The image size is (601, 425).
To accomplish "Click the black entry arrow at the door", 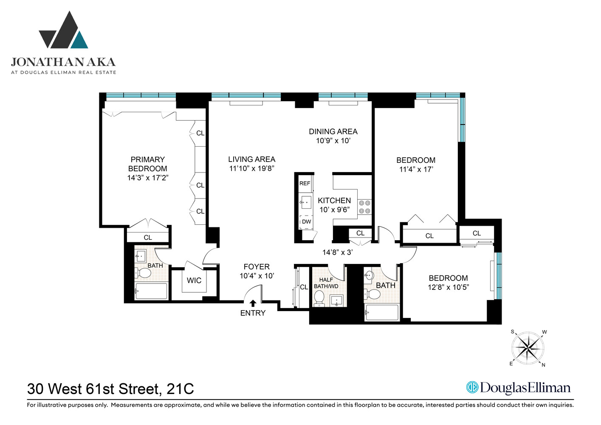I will tap(253, 303).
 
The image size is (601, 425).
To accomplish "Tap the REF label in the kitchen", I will tap(305, 184).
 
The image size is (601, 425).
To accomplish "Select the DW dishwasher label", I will tap(306, 222).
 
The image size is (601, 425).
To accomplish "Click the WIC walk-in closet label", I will tap(194, 280).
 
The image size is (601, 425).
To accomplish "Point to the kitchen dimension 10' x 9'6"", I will tap(334, 210).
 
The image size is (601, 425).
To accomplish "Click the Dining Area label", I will tap(333, 132).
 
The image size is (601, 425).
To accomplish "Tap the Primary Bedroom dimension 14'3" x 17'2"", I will tap(148, 178).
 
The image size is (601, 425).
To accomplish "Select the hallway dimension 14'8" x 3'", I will tap(337, 252).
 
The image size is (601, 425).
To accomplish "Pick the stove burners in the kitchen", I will tap(364, 207).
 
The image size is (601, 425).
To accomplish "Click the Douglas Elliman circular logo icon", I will tap(472, 387).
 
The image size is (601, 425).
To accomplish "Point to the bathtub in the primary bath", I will tap(151, 291).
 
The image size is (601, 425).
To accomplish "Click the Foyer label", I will tap(257, 267).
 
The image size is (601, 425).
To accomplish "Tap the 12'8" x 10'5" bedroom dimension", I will tap(448, 287).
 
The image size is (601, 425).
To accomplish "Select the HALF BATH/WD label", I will tap(326, 283).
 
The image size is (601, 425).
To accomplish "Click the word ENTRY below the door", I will tap(253, 313).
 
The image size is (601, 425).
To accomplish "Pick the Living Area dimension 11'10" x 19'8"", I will tap(252, 168).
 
